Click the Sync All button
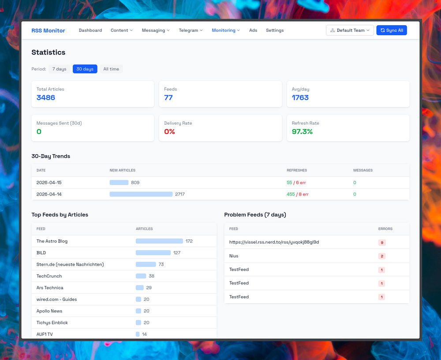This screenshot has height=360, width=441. [392, 30]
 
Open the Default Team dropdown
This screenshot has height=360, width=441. [350, 30]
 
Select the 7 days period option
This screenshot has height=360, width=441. [59, 69]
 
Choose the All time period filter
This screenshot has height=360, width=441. [111, 69]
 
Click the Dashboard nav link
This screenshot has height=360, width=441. [90, 30]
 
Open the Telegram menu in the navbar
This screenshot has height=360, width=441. [191, 30]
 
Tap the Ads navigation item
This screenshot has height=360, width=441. [253, 30]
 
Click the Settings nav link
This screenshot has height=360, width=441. [275, 30]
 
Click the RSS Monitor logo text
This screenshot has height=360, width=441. [48, 30]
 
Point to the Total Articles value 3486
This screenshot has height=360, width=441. [46, 98]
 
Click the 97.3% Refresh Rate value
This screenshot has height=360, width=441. [302, 132]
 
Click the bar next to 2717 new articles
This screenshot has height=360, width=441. [141, 194]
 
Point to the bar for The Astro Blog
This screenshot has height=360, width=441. [159, 241]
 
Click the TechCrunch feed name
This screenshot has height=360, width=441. [49, 276]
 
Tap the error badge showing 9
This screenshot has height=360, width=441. [382, 242]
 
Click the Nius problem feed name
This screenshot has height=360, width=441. [234, 256]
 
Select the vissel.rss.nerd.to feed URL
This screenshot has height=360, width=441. [274, 242]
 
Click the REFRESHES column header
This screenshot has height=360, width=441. [297, 170]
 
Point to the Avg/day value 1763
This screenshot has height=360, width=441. [300, 98]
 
